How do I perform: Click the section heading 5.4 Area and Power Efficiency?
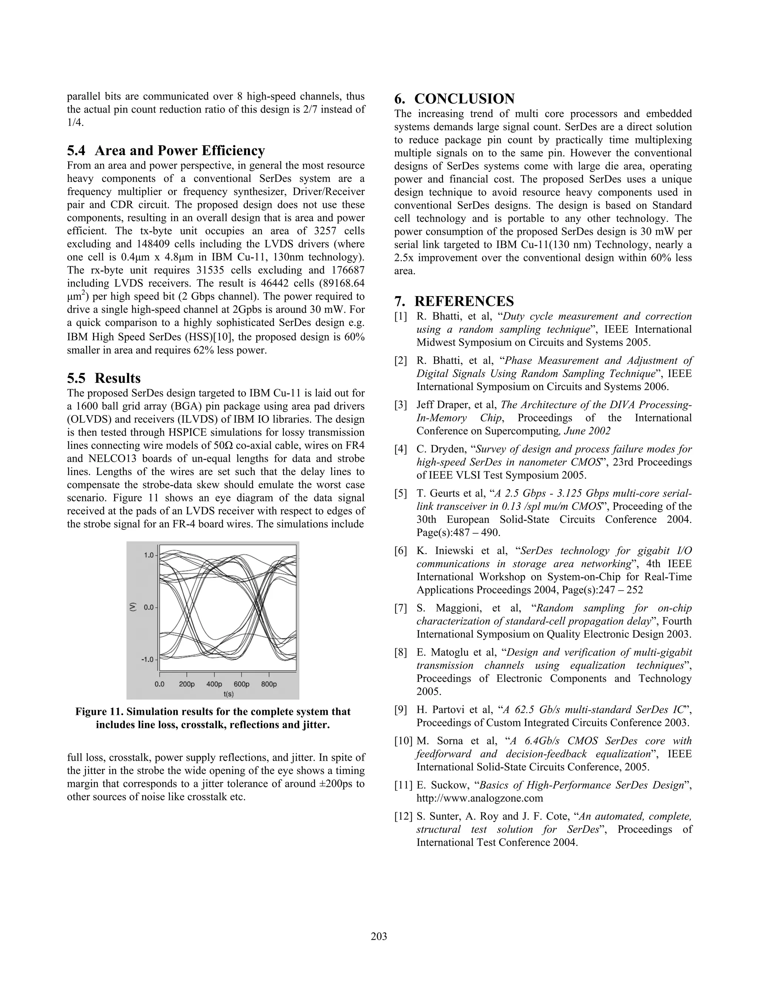point(166,150)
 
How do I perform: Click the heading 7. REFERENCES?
point(454,301)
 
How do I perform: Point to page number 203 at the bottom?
point(379,936)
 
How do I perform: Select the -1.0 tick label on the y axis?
point(147,660)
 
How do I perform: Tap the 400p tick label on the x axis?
point(214,684)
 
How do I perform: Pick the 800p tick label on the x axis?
point(269,684)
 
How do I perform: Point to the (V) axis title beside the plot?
point(133,607)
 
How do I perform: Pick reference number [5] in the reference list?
point(401,494)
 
